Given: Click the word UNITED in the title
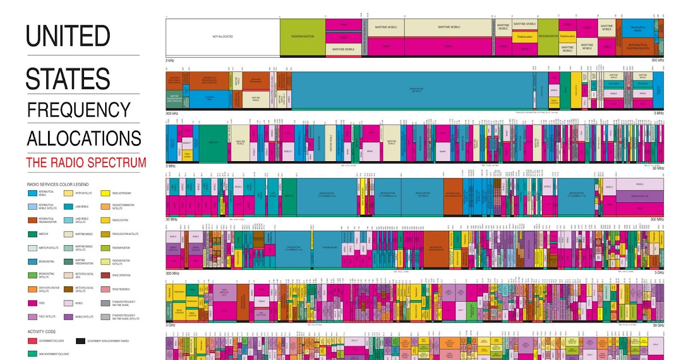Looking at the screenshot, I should tap(67, 37).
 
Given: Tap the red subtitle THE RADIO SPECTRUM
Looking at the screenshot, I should tap(86, 162).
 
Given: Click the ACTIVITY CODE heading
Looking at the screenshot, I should tap(43, 331).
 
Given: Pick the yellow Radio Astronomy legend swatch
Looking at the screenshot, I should tap(106, 194).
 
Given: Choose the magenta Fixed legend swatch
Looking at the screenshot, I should tap(33, 303).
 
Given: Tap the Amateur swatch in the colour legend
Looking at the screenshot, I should tap(33, 234).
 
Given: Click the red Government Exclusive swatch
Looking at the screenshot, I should tap(33, 341).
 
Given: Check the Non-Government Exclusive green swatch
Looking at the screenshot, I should tap(33, 354).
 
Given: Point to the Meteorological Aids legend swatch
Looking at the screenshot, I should tap(69, 275).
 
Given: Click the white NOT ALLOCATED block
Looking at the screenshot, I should tap(222, 37).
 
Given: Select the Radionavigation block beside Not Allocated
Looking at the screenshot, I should tap(302, 37).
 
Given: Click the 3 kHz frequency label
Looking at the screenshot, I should tap(170, 60).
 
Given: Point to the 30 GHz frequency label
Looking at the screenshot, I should tap(657, 325).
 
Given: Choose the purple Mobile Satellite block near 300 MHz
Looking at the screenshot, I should tap(640, 195).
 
